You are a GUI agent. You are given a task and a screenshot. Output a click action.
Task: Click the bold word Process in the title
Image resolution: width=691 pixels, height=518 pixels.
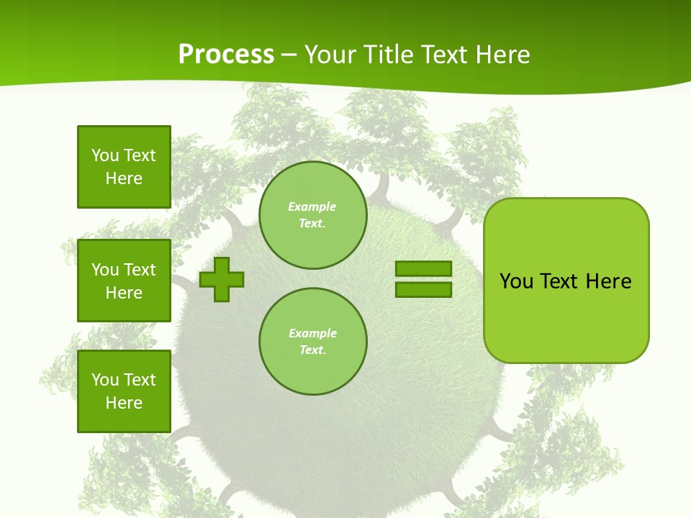[x=226, y=54]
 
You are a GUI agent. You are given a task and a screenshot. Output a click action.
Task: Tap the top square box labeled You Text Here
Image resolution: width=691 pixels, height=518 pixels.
[x=124, y=167]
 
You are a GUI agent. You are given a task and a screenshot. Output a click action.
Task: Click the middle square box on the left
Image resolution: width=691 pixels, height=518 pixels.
[x=124, y=281]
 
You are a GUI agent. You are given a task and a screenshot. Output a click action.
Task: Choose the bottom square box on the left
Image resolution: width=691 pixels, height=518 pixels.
[x=124, y=391]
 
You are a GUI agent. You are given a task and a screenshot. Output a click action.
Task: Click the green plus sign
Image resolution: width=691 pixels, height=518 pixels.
[x=222, y=279]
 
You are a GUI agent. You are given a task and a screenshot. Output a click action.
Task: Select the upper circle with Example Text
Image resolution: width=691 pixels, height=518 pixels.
[x=312, y=215]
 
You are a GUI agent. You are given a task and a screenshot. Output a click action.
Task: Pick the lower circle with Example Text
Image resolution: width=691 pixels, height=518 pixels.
[x=312, y=342]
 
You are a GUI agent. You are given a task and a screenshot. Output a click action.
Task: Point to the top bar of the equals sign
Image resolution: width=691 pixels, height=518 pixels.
[x=423, y=269]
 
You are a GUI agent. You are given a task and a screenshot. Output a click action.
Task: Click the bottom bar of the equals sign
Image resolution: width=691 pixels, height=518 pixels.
[x=423, y=289]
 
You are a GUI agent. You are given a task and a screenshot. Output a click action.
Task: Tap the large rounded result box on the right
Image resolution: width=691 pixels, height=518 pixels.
[x=566, y=281]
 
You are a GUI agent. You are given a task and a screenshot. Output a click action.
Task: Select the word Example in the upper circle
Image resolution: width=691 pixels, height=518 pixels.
[x=312, y=206]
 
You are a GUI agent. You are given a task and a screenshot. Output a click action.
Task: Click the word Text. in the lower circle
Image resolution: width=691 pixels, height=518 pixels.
[x=312, y=350]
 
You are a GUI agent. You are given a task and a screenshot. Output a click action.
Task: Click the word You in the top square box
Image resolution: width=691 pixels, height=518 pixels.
[x=105, y=155]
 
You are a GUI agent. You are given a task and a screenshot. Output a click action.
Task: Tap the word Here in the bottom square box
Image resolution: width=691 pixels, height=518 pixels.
[x=124, y=403]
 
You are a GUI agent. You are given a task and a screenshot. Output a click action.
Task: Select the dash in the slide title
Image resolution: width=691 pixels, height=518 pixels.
[x=289, y=55]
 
